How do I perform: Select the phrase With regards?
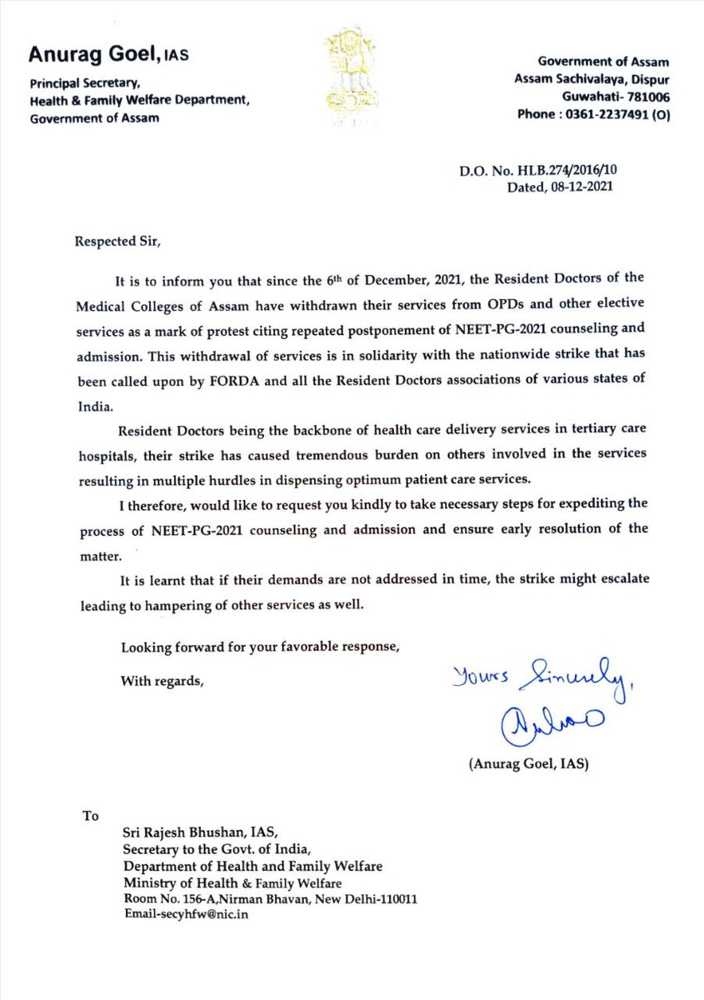162,681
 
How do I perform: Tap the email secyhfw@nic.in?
184,914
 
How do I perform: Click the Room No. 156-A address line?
270,900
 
